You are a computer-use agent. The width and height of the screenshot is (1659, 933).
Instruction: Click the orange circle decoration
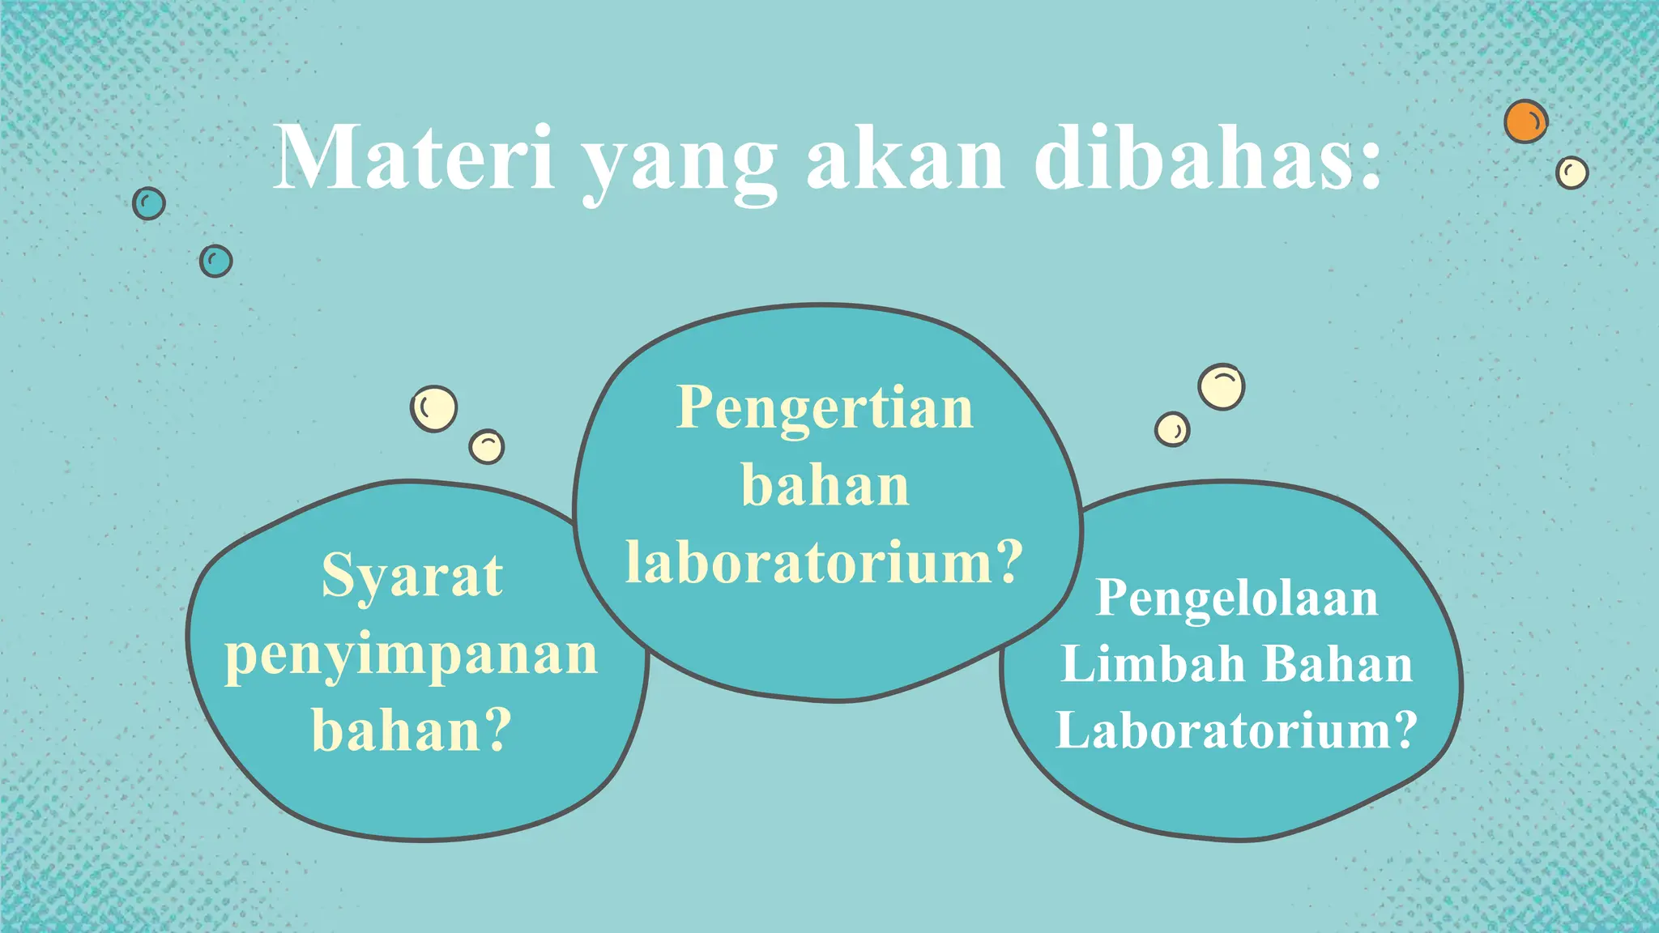point(1525,122)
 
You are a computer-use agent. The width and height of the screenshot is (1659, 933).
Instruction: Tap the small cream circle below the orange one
point(1572,173)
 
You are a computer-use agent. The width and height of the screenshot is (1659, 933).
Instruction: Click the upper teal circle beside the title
point(149,203)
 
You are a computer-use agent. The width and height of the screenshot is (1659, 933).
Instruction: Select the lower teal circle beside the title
point(215,261)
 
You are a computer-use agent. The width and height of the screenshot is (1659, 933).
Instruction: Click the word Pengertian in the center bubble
point(825,407)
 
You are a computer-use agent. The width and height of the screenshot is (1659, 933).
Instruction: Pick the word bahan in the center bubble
point(825,486)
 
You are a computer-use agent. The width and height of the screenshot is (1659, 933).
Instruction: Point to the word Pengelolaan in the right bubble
point(1236,599)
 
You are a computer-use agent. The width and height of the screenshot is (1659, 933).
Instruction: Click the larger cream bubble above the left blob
point(433,408)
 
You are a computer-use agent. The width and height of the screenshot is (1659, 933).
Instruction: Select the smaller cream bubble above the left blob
point(487,446)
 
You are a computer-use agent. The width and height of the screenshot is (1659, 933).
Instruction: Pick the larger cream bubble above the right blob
point(1221,386)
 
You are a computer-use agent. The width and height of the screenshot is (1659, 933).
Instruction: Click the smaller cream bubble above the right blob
point(1172,429)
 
